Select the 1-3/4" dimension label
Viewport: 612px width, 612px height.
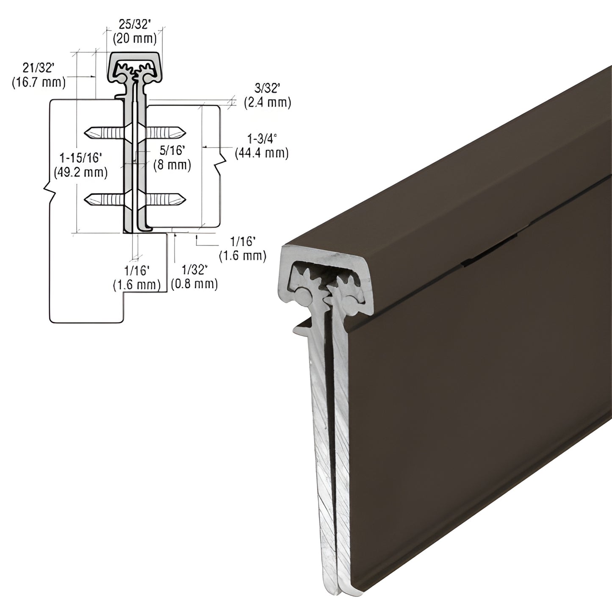click(x=262, y=139)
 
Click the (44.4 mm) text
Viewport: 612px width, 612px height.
click(x=262, y=153)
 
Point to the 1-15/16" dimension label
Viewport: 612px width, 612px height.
click(x=80, y=158)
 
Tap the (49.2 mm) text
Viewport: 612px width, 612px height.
click(x=80, y=172)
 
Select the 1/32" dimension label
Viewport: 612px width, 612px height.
click(x=194, y=269)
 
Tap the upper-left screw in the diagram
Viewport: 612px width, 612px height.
click(x=104, y=132)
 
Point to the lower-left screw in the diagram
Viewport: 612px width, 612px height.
click(x=104, y=198)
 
